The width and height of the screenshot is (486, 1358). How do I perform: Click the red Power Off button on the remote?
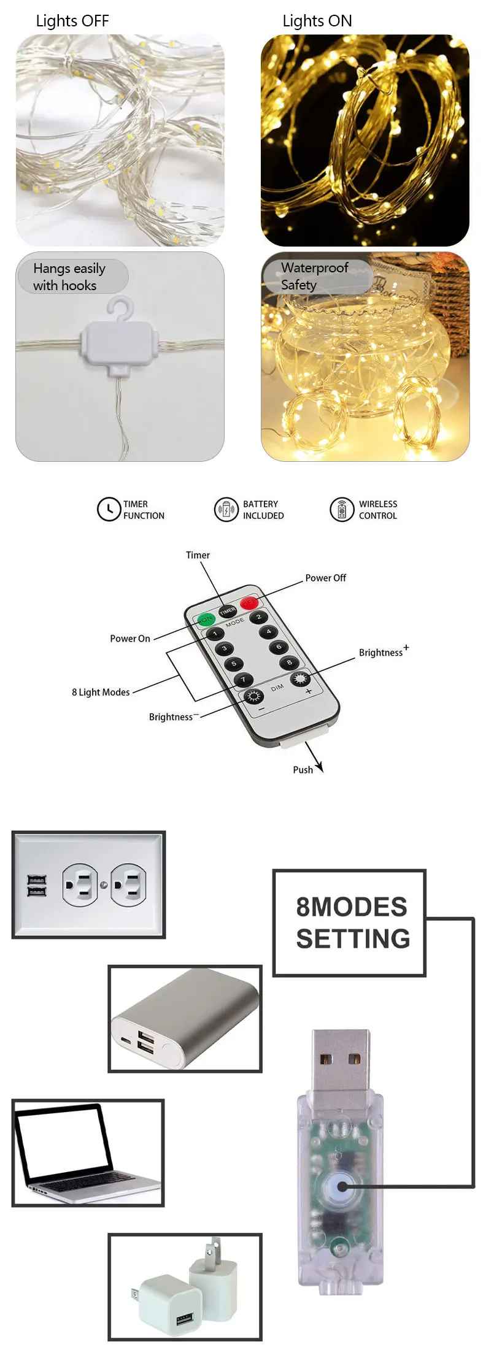[x=249, y=602]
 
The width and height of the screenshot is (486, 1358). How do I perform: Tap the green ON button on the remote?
[x=205, y=619]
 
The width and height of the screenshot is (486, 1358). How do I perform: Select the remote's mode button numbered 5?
[x=233, y=664]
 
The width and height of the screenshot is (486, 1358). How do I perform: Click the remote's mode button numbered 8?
[x=289, y=662]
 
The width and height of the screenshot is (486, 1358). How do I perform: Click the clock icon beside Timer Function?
[x=109, y=509]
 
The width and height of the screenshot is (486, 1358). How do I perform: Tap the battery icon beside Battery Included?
[x=225, y=509]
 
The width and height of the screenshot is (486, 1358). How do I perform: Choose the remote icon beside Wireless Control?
[x=342, y=509]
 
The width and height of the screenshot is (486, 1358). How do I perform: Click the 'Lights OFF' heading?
[x=72, y=21]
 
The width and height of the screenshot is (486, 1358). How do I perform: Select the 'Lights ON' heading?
[x=317, y=21]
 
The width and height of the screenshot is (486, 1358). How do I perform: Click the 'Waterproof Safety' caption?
[x=314, y=276]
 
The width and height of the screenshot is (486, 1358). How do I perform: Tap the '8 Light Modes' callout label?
[x=101, y=692]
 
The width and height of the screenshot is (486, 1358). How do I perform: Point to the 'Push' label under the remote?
[x=303, y=769]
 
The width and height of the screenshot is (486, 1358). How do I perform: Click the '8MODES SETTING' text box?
[x=350, y=923]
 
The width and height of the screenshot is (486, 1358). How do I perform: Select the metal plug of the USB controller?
[x=341, y=1059]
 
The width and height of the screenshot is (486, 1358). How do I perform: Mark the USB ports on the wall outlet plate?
[x=36, y=885]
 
